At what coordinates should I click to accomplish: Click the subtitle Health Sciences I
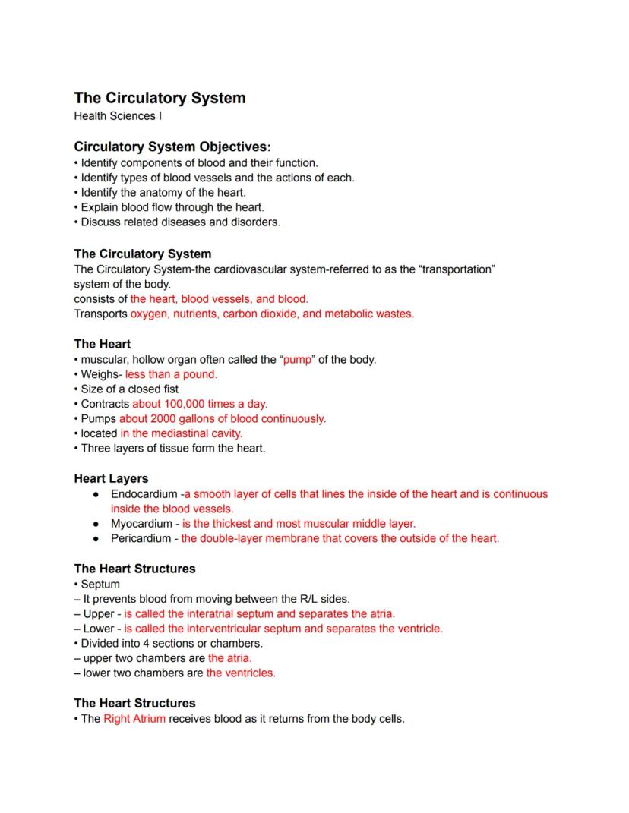118,116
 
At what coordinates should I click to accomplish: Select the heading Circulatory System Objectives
172,147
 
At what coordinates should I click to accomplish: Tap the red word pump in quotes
297,360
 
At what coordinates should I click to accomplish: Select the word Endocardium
144,494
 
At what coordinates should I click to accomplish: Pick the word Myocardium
141,524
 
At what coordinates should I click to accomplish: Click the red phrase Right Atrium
134,718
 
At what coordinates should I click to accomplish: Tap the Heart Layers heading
111,479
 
